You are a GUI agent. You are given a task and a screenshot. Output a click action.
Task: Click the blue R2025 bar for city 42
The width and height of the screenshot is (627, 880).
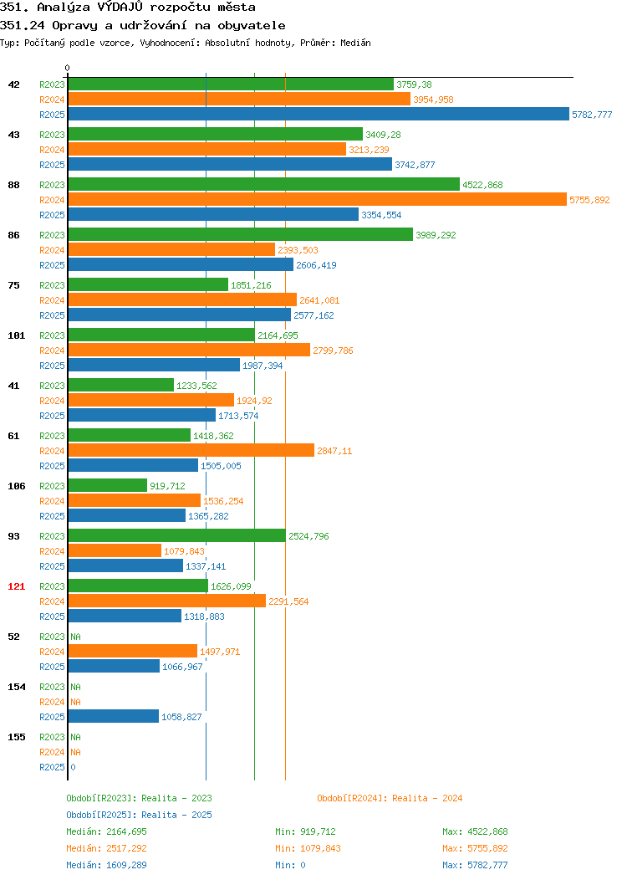tap(319, 114)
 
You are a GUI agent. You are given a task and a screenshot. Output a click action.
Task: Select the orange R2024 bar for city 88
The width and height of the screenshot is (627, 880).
tap(318, 199)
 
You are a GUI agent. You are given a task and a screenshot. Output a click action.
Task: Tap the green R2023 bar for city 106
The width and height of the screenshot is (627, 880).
tap(108, 485)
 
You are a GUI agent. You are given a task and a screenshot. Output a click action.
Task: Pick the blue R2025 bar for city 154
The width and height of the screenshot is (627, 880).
tap(114, 716)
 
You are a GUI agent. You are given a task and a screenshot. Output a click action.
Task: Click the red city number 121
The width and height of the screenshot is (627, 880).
tap(16, 586)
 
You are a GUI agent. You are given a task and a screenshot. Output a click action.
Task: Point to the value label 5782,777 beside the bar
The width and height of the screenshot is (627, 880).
tap(592, 115)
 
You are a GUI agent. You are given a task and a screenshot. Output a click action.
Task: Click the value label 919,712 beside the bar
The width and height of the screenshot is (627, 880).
tap(167, 486)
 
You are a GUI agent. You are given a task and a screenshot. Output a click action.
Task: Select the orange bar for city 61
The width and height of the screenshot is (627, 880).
tap(191, 450)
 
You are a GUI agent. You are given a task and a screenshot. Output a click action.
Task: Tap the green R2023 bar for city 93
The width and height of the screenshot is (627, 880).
tap(177, 535)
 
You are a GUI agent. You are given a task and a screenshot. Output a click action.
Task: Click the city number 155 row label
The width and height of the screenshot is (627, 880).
tap(16, 737)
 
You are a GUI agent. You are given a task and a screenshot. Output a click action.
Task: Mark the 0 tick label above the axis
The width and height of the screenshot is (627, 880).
tap(68, 68)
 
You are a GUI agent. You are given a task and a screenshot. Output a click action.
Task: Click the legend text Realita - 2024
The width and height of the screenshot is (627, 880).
tap(427, 798)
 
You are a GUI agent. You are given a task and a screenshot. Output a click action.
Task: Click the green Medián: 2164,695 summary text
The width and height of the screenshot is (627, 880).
tap(106, 831)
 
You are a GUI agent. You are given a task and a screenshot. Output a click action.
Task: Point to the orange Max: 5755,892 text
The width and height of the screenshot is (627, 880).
tap(475, 848)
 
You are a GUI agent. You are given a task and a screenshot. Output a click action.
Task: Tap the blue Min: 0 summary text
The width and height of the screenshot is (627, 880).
tap(290, 866)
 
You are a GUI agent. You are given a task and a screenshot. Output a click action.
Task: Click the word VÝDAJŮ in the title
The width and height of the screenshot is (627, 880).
tap(120, 7)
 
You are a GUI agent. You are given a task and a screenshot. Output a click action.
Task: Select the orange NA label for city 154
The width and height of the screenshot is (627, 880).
tap(76, 702)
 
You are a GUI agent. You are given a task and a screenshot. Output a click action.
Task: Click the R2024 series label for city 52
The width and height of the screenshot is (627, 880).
tap(52, 652)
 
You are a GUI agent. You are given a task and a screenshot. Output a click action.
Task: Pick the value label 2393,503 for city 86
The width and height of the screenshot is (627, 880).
tap(298, 250)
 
